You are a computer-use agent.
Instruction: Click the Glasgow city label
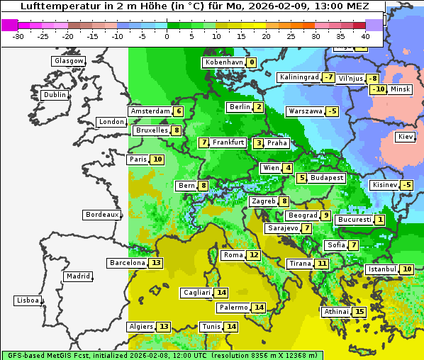pos(68,61)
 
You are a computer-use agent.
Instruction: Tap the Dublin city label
pos(54,95)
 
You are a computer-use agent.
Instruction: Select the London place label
pos(111,122)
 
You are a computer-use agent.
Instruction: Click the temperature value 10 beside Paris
pos(157,159)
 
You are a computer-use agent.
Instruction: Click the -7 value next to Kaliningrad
pos(328,77)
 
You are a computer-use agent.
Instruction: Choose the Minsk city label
pos(401,89)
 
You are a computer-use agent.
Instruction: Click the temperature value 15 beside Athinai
pos(359,312)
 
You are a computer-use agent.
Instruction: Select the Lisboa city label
pos(27,300)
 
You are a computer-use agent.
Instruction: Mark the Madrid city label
pos(77,276)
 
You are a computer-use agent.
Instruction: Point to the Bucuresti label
pos(354,220)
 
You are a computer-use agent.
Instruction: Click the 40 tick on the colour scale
pos(365,36)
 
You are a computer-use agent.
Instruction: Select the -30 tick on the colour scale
pos(18,36)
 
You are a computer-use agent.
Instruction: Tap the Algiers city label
pos(141,327)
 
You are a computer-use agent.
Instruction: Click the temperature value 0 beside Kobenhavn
pos(252,62)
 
